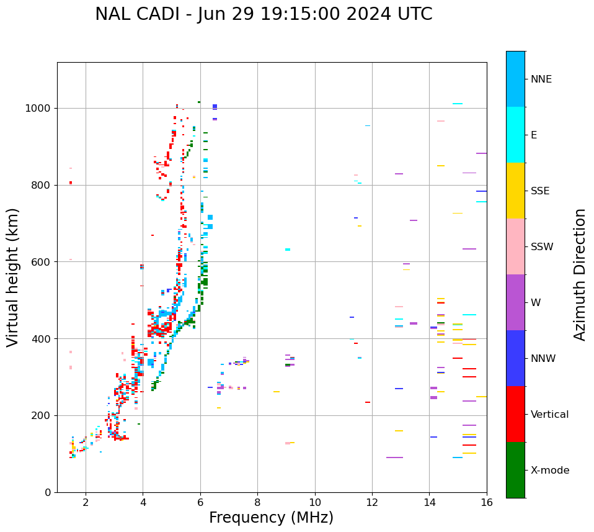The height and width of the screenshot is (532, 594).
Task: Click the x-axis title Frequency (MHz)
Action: click(271, 518)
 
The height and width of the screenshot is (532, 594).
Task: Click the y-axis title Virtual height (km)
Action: click(13, 277)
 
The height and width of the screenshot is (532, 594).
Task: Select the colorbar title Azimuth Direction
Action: click(580, 274)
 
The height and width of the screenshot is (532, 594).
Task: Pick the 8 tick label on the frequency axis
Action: click(257, 502)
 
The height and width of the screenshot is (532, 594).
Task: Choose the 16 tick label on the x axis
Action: click(487, 502)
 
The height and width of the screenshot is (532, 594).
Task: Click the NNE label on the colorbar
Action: click(541, 79)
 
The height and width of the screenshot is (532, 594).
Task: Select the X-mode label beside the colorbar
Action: click(549, 471)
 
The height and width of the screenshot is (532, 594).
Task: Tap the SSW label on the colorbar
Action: click(541, 247)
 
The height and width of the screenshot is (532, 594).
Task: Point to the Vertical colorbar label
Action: click(549, 415)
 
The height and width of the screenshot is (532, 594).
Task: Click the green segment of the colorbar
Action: click(515, 470)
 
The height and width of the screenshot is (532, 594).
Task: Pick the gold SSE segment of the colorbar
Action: click(515, 191)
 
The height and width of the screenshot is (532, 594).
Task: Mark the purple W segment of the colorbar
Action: click(515, 302)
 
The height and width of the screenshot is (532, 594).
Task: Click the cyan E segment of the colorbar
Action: click(515, 135)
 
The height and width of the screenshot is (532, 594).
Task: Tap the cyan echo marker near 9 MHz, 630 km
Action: click(288, 250)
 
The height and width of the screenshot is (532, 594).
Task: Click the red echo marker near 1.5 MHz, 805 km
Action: click(71, 183)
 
